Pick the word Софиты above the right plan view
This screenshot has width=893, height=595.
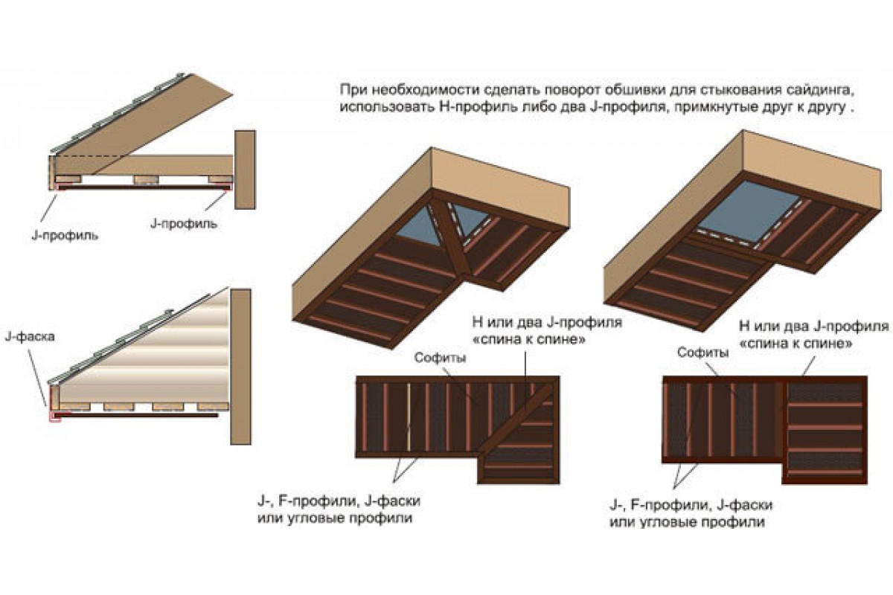[702, 353]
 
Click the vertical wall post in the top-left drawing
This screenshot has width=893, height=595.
[245, 170]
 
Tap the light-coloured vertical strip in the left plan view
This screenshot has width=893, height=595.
[409, 418]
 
